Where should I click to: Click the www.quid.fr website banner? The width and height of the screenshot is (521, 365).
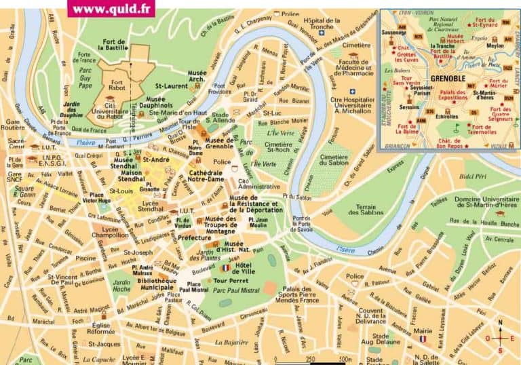111,9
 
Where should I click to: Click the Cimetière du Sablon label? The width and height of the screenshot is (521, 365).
333,160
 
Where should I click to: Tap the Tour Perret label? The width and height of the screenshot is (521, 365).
229,280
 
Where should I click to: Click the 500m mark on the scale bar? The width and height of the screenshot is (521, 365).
344,360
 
